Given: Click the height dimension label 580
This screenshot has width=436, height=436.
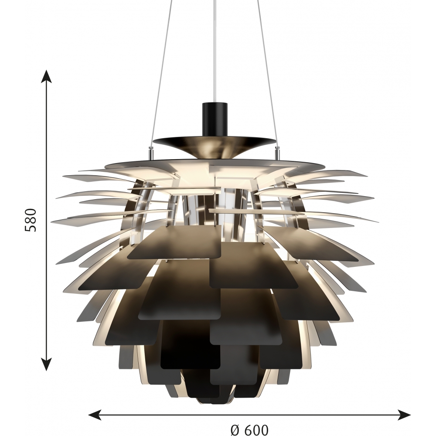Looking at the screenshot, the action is (x=31, y=220).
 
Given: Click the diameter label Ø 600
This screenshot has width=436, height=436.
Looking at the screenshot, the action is (x=249, y=430).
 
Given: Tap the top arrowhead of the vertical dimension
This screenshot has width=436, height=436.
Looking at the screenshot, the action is (x=46, y=76).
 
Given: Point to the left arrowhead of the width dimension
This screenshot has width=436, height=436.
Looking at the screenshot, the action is (x=95, y=416).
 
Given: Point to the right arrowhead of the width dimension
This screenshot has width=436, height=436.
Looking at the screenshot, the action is (x=404, y=416).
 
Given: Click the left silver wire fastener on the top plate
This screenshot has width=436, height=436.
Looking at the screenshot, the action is (x=150, y=153).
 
